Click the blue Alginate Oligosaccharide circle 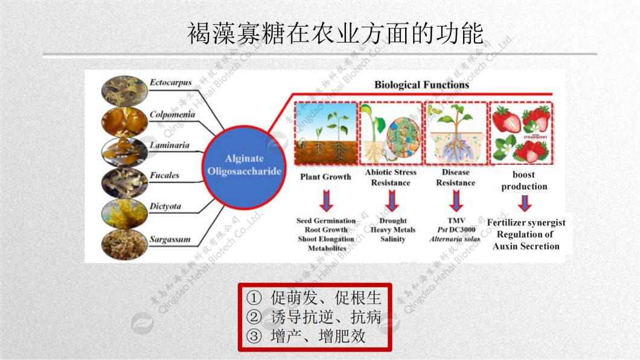245,165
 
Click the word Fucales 165,175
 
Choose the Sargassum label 170,239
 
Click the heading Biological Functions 421,85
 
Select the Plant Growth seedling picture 325,133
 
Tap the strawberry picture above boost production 521,133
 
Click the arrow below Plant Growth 326,199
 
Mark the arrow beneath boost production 525,203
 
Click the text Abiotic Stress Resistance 391,177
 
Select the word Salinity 392,239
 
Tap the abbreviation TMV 456,220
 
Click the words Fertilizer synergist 526,223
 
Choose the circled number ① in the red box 254,298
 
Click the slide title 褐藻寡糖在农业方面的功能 336,34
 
